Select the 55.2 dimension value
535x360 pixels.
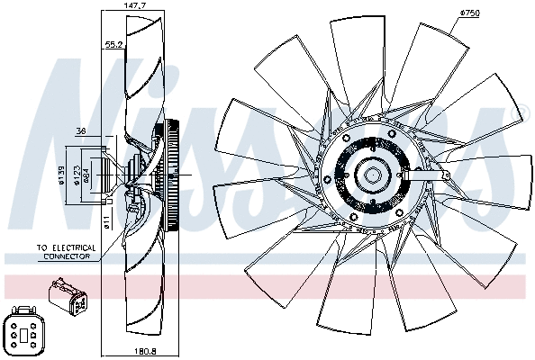[x=113, y=43]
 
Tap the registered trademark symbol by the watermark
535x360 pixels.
[x=517, y=113]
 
